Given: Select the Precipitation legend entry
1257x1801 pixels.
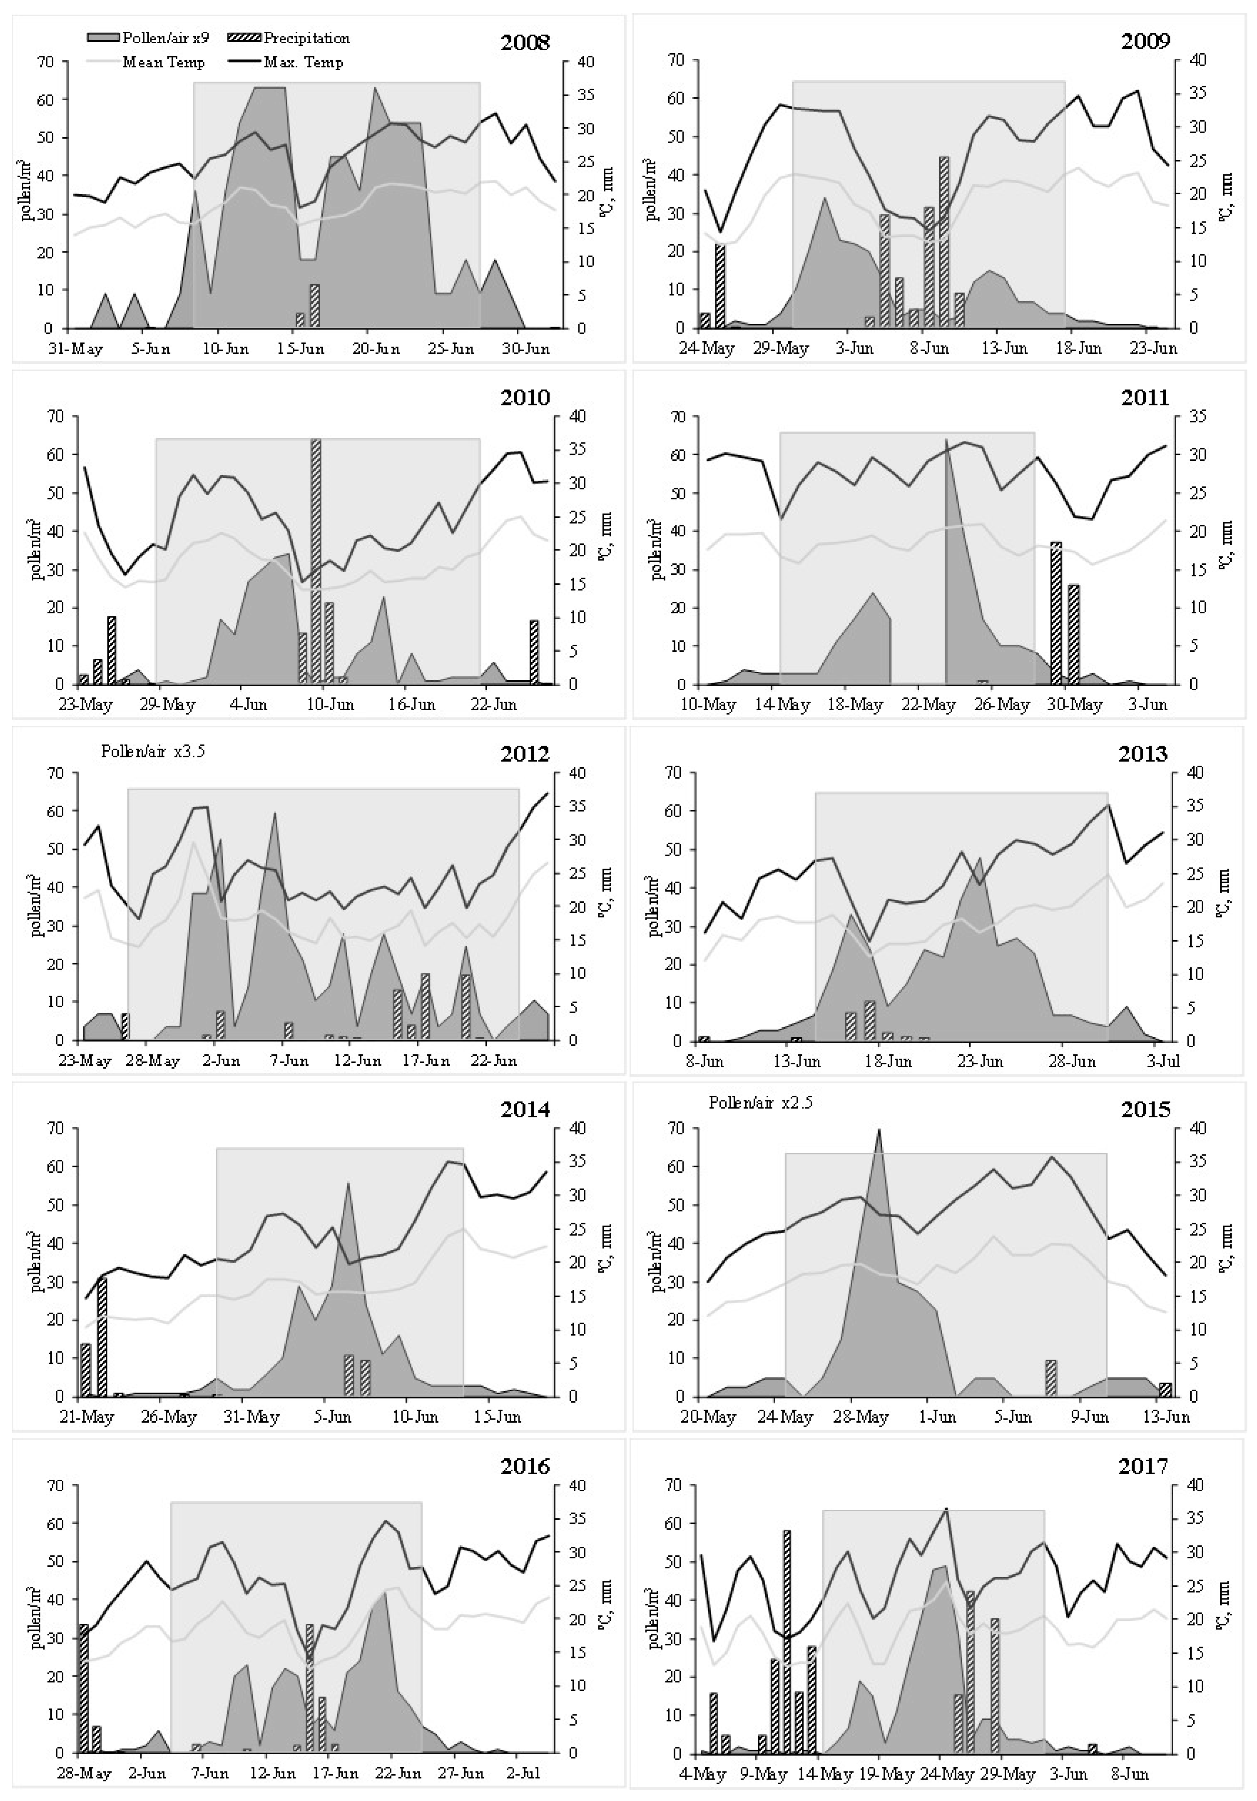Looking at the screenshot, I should pyautogui.click(x=306, y=38).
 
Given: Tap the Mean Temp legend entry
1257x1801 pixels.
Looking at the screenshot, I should pyautogui.click(x=163, y=62).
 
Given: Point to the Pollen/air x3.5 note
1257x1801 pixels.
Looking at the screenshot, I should pyautogui.click(x=153, y=751).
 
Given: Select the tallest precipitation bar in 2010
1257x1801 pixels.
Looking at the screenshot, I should pyautogui.click(x=316, y=561).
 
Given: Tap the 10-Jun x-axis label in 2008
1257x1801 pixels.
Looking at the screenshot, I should pyautogui.click(x=226, y=348).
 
